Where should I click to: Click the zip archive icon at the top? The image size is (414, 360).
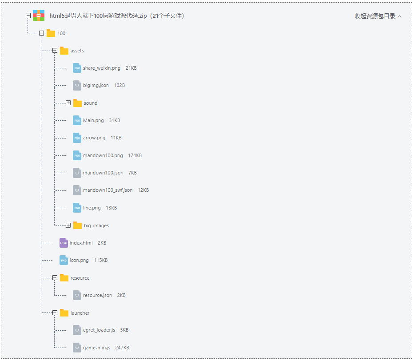point(39,16)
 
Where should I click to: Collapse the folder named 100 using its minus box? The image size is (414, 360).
point(41,33)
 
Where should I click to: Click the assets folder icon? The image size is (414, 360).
point(64,51)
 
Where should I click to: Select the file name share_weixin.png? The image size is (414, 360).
point(101,68)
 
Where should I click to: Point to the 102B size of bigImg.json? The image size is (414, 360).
point(119,85)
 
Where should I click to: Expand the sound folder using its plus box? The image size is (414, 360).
point(68,103)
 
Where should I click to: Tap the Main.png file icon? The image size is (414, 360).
point(77,120)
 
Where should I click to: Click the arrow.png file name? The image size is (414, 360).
point(94,138)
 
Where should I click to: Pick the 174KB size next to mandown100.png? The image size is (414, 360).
point(135,155)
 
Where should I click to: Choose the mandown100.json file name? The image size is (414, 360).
point(103,173)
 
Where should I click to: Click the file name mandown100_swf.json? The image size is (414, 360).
point(107,190)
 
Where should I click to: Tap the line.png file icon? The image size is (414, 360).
point(77,208)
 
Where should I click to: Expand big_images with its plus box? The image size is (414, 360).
point(68,225)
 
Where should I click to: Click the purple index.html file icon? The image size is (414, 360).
point(64,243)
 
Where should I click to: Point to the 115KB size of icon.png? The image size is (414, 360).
point(100,260)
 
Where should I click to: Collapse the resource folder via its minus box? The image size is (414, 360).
point(55,278)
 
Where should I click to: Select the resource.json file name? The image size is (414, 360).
point(97,295)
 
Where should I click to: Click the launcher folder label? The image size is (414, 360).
point(80,313)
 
